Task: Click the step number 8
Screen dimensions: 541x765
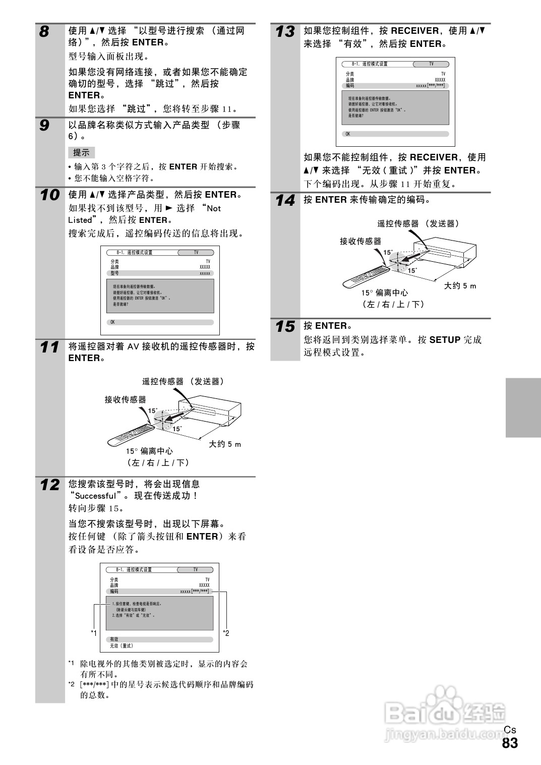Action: [45, 32]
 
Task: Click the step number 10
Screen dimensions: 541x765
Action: [49, 195]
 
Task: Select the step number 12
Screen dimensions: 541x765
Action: [49, 485]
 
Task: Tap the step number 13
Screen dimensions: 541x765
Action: [285, 32]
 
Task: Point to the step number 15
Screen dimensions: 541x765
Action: [285, 327]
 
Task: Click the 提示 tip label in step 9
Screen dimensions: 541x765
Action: [81, 152]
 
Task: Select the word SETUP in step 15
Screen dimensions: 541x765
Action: [445, 340]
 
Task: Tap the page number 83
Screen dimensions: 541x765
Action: [510, 743]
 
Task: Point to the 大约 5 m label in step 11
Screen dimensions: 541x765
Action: [225, 444]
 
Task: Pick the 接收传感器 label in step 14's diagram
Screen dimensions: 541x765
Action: [360, 241]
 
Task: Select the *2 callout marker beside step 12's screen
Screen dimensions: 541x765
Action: [226, 633]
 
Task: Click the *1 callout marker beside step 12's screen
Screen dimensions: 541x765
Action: [94, 633]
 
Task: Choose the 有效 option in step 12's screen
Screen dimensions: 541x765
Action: [114, 639]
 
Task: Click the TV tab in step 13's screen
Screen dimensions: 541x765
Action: [431, 64]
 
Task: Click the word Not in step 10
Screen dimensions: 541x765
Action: [214, 208]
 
